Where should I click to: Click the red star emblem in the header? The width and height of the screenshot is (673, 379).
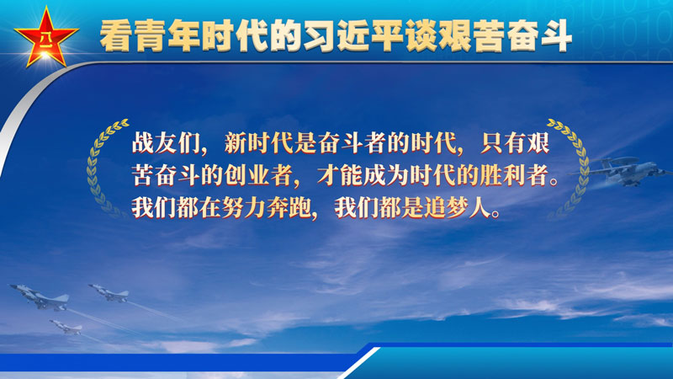[x=46, y=38]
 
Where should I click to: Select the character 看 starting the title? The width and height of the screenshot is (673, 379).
[x=116, y=35]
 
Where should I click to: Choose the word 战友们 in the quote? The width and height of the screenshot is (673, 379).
[x=166, y=142]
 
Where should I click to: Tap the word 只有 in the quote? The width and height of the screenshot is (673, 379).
[x=503, y=142]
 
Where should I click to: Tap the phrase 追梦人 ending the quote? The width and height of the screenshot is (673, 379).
[x=456, y=208]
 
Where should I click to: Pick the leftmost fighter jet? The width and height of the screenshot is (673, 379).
[x=40, y=297]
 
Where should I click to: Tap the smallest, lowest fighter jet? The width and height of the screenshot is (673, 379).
[x=66, y=327]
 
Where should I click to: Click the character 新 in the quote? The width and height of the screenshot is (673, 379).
[x=236, y=142]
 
